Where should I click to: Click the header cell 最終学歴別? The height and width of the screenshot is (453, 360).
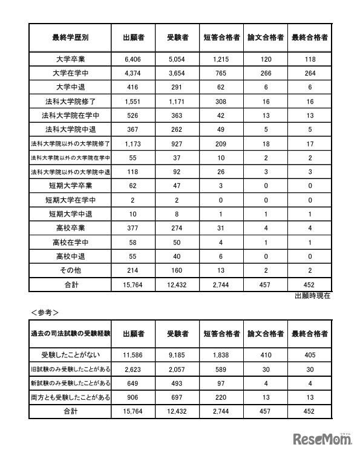70,37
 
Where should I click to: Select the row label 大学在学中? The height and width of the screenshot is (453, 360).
70,73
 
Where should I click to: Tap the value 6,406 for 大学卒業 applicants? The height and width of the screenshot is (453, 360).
133,59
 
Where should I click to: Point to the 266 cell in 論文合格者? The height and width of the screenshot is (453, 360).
266,73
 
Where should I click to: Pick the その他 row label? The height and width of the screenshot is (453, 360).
70,269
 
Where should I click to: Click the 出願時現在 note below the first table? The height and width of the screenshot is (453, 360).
312,296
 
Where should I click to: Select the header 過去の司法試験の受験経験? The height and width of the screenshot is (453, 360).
70,333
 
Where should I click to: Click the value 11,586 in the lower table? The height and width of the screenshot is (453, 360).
133,355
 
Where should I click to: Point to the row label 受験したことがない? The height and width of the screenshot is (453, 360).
70,355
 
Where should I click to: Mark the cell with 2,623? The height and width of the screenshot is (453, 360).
133,369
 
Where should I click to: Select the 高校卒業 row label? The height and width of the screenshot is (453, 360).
70,227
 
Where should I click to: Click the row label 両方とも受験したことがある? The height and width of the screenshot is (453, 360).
70,397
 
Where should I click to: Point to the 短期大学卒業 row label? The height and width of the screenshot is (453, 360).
70,185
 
